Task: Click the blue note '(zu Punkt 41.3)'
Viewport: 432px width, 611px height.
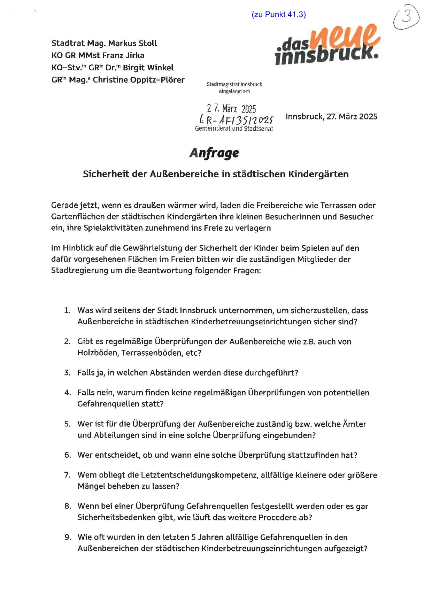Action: tap(278, 14)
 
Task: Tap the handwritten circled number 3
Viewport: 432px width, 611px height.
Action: tap(406, 18)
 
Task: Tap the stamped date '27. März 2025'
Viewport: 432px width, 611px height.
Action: tap(231, 109)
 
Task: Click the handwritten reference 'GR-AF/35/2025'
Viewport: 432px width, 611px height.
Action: tap(237, 120)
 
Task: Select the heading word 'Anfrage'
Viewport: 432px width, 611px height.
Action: tap(214, 153)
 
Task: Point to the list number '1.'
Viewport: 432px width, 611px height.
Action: tap(67, 310)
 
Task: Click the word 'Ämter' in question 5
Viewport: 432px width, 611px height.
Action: tap(355, 424)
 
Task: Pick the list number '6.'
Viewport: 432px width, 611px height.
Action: tap(67, 455)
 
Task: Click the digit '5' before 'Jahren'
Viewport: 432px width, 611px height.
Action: tap(193, 537)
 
